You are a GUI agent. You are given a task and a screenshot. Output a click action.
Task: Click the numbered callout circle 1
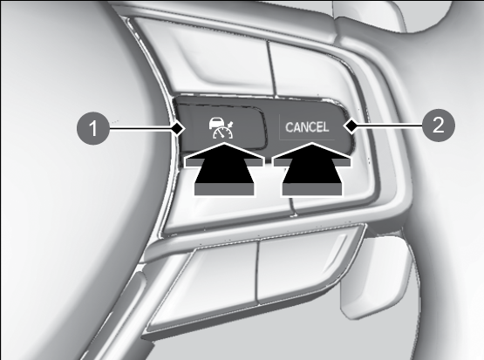[93, 128]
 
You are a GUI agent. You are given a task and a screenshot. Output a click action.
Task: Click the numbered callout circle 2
[439, 126]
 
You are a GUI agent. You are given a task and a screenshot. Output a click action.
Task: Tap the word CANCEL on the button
[307, 127]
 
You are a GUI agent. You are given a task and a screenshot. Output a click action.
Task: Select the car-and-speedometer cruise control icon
[221, 128]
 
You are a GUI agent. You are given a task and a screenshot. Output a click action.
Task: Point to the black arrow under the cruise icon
[224, 169]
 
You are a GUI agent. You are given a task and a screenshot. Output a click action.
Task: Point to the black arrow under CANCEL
[312, 169]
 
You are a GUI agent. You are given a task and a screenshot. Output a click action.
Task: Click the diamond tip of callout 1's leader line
[177, 128]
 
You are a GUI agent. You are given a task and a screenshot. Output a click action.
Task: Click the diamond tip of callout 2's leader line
[351, 126]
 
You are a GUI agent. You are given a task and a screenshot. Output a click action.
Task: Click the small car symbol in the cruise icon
[215, 123]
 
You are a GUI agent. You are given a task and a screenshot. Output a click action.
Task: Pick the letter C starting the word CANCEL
[290, 127]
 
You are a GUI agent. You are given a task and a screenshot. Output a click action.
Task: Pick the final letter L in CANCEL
[325, 127]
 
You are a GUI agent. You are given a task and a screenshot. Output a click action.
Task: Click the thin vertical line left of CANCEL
[280, 127]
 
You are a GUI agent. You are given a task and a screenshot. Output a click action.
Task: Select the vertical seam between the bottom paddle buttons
[258, 271]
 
